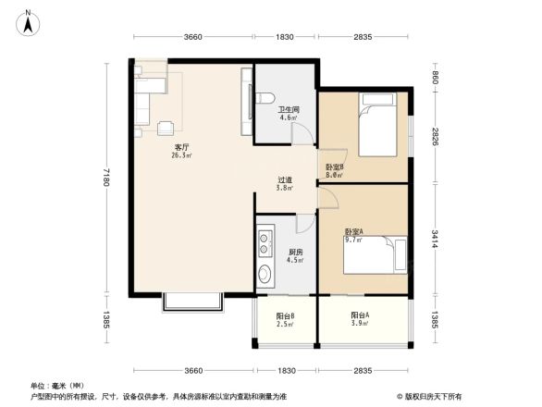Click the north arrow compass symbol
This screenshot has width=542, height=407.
pos(30,19)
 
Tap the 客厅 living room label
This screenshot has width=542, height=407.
pos(181,151)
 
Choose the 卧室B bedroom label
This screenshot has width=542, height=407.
pos(335,170)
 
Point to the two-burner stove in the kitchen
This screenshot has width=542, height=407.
pos(265,241)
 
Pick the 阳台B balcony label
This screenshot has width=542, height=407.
pos(285,319)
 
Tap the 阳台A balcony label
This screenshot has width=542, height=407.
pos(361,319)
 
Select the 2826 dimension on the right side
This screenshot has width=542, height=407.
pos(435,137)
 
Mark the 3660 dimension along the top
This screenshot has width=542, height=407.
pos(192,37)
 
